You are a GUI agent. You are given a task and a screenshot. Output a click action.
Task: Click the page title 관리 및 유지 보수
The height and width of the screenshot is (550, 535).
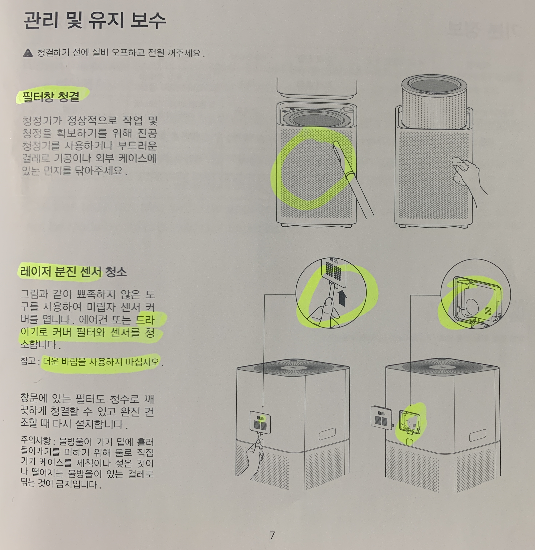(95, 21)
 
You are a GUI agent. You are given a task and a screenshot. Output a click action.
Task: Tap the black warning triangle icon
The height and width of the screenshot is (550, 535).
(28, 53)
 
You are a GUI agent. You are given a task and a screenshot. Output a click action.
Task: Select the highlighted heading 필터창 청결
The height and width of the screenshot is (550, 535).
(51, 96)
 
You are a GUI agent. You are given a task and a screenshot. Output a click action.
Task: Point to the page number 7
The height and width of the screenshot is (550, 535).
(272, 535)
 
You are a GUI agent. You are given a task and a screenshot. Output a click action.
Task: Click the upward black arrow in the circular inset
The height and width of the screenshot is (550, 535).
(342, 298)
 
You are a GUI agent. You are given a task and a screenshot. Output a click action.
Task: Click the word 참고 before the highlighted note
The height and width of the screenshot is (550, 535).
(28, 361)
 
